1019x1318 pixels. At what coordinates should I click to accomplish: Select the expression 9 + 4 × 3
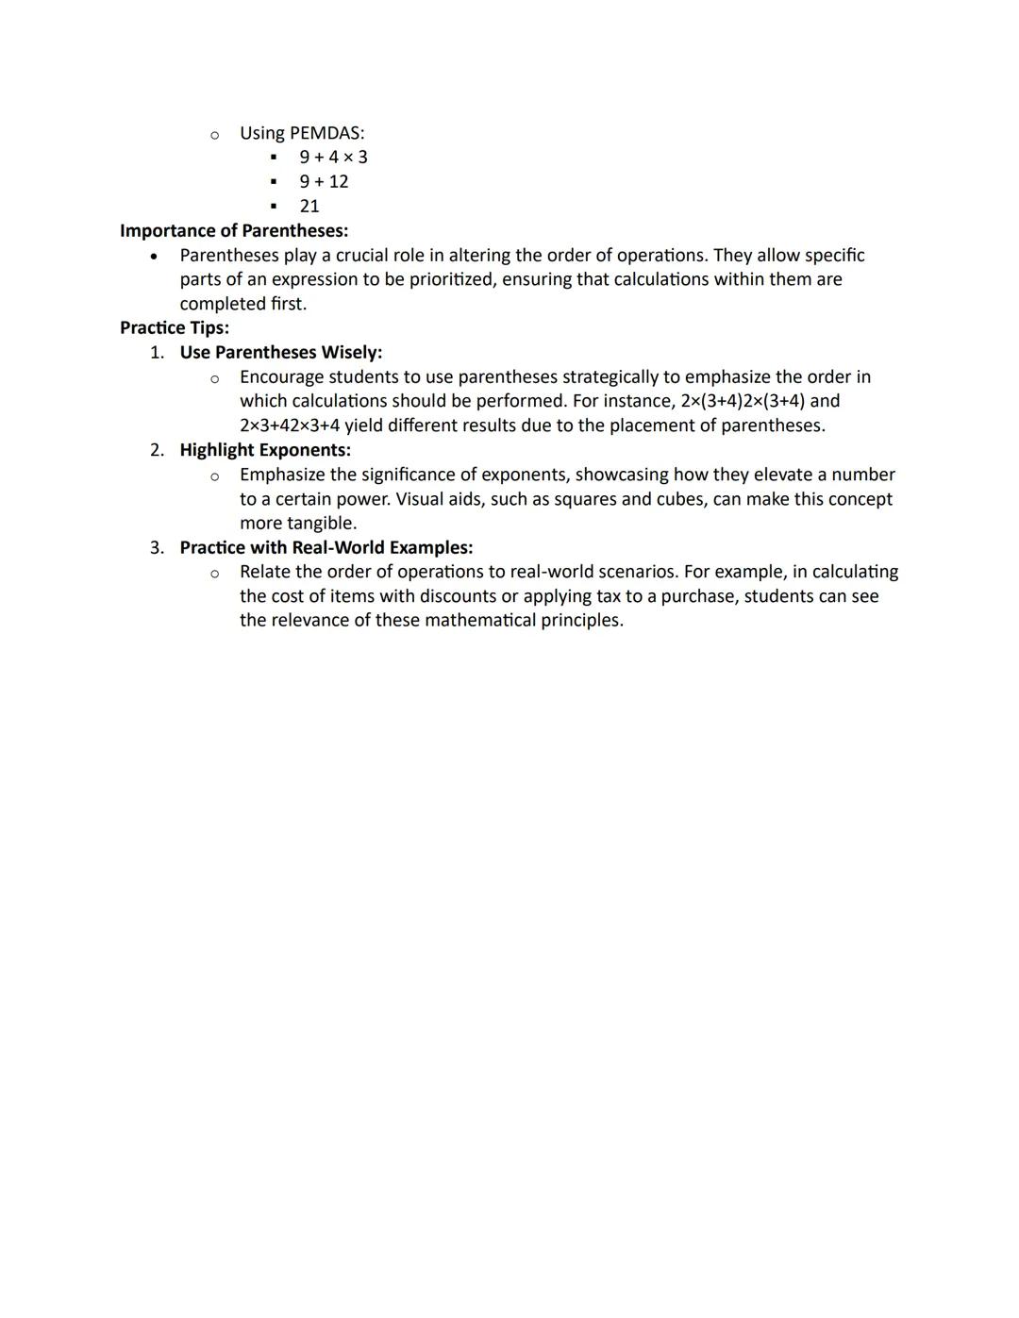(x=333, y=158)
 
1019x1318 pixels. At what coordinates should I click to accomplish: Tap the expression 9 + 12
(x=324, y=182)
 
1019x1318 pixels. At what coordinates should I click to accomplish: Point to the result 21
(x=309, y=207)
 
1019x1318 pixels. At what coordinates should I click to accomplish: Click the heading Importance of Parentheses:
(x=234, y=231)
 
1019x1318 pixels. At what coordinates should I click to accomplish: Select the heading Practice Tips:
(x=175, y=328)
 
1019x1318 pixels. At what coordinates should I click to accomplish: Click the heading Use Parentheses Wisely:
(x=281, y=353)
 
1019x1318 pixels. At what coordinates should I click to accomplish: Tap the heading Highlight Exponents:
(x=265, y=450)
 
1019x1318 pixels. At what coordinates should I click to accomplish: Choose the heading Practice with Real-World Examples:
(x=326, y=548)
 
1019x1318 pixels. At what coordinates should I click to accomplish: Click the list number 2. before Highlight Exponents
(x=157, y=450)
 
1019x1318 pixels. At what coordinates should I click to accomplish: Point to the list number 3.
(x=157, y=548)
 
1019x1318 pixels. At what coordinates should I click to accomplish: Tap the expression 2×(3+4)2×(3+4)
(x=743, y=401)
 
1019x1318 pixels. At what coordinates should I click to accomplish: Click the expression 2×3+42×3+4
(x=290, y=425)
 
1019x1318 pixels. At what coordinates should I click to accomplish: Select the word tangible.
(x=321, y=524)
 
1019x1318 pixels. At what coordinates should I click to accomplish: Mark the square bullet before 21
(x=274, y=207)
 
